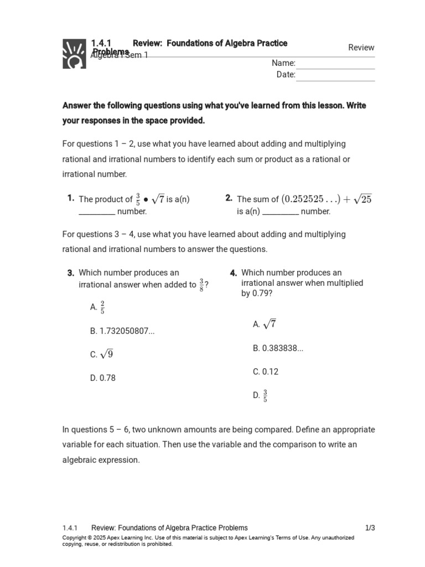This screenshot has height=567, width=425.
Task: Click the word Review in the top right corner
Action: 361,48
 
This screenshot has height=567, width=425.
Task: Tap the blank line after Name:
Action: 335,64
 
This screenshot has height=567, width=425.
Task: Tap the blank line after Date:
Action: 335,76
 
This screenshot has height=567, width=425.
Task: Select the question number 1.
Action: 70,198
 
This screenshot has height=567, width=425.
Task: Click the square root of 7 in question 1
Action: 158,199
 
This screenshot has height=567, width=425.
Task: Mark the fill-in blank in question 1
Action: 97,212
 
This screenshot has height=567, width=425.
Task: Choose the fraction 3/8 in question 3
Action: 202,285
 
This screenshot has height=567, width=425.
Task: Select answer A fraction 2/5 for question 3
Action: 101,307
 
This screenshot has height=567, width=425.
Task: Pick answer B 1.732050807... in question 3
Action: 127,331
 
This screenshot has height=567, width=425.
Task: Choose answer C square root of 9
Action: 106,354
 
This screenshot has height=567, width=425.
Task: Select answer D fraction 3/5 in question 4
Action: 265,395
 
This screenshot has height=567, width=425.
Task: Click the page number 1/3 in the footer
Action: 370,528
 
